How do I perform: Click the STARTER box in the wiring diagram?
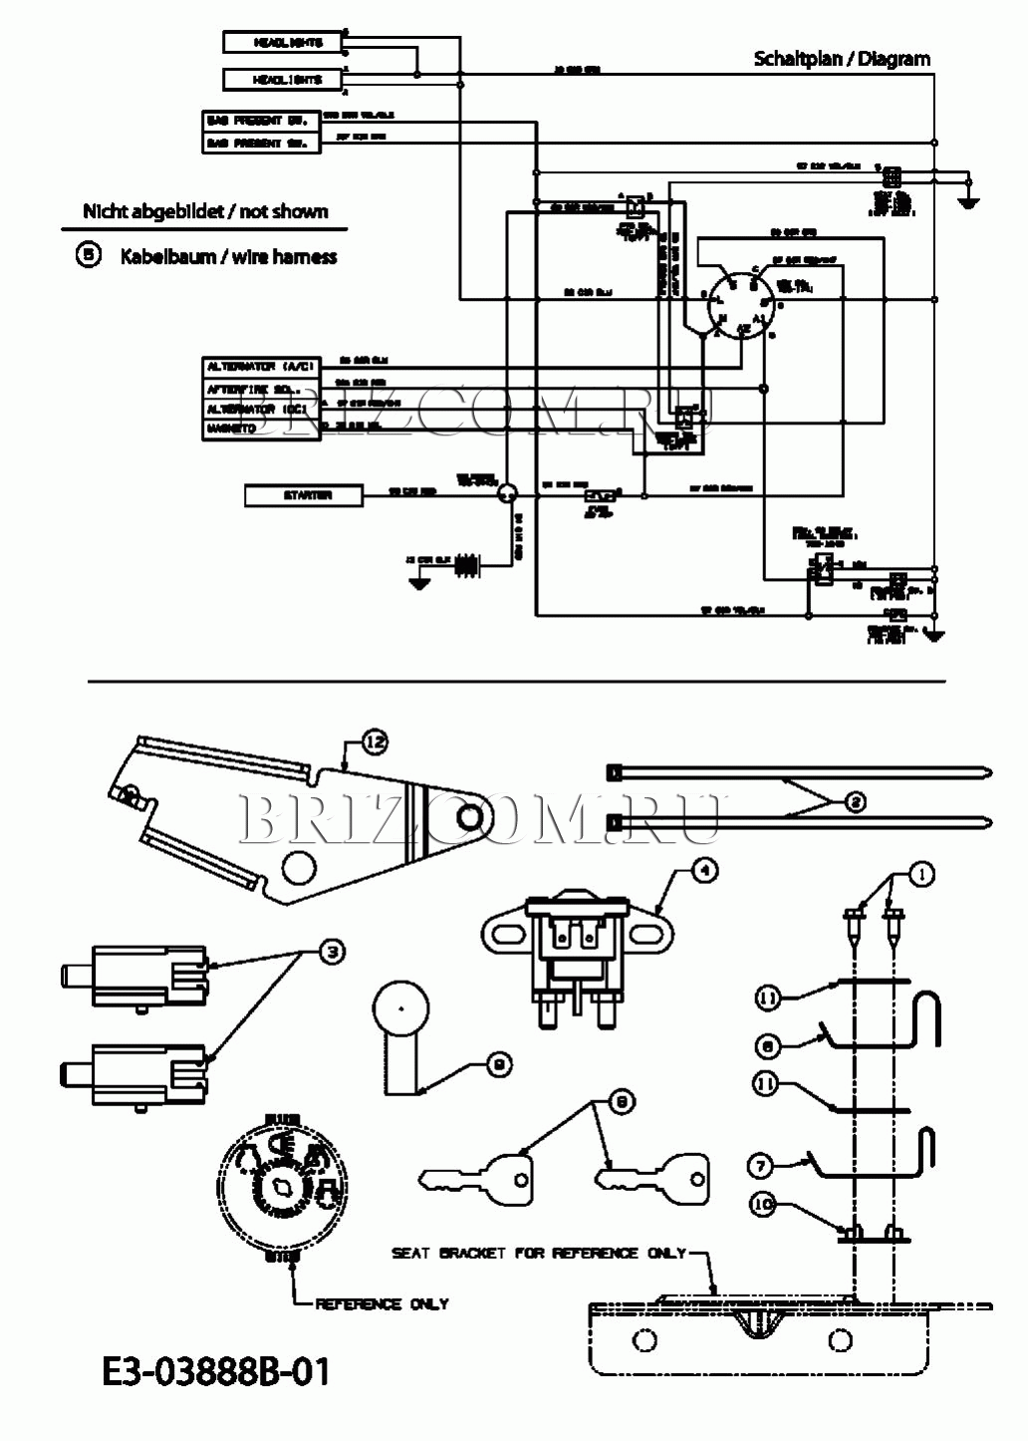(304, 495)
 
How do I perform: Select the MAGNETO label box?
(262, 429)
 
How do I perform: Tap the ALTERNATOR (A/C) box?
(262, 367)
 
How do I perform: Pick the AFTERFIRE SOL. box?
(262, 388)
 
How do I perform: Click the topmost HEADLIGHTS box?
(282, 42)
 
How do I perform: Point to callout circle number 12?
(375, 741)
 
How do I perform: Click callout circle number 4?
(703, 870)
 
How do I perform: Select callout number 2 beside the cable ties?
(855, 801)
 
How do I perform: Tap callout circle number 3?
(332, 953)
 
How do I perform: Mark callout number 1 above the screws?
(922, 875)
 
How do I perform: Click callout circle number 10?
(762, 1205)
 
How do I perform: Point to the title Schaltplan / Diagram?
(842, 59)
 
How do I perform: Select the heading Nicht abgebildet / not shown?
(205, 211)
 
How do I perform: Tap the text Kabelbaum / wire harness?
(228, 257)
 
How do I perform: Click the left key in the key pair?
(475, 1174)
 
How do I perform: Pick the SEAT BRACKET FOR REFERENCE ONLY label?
(539, 1253)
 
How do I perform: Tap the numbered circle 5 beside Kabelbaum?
(89, 255)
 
